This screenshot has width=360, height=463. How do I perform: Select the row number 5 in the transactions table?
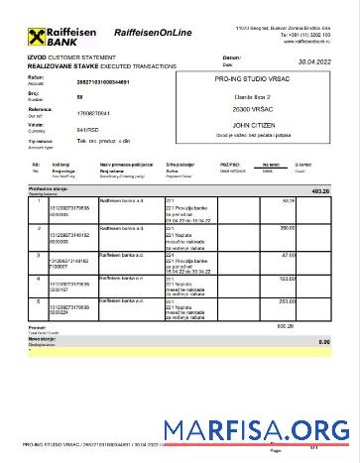38,301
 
